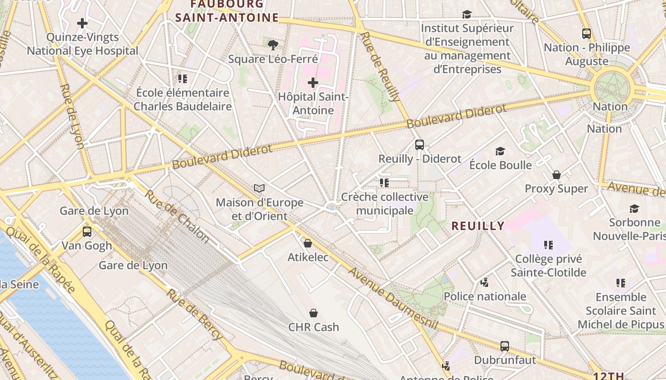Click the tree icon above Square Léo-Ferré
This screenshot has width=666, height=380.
[273, 45]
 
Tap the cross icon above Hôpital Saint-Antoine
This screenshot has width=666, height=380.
[313, 83]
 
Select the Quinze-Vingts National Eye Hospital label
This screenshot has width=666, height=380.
[82, 44]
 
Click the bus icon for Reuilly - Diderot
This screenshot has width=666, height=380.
[419, 145]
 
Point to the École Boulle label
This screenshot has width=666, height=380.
[500, 165]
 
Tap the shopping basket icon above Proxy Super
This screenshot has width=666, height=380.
[556, 175]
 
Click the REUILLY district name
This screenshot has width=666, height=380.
[478, 226]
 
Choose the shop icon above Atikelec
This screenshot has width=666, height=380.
[308, 243]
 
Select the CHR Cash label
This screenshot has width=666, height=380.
[313, 327]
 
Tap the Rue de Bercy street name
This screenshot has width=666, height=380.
[194, 314]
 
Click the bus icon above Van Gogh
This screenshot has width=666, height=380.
[87, 232]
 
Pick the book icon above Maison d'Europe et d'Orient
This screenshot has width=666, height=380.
[259, 189]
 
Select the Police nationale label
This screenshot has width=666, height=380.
[485, 296]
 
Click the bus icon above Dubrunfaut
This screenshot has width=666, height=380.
[505, 346]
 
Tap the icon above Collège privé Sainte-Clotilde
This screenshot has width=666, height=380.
[548, 245]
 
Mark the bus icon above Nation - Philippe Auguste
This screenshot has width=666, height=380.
[587, 34]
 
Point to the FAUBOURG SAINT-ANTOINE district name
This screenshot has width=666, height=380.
[227, 11]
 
